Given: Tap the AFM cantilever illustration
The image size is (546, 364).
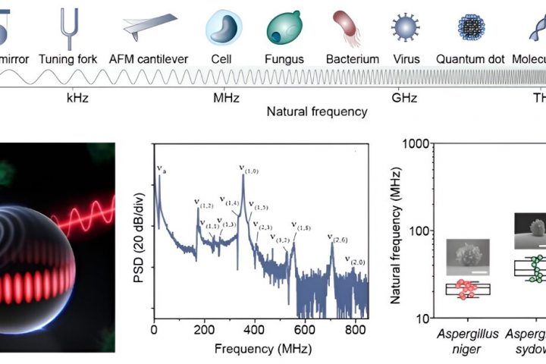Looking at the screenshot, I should pyautogui.click(x=152, y=28).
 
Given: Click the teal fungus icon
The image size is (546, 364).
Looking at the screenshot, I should pyautogui.click(x=284, y=27).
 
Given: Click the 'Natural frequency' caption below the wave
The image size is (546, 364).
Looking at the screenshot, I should pyautogui.click(x=316, y=111).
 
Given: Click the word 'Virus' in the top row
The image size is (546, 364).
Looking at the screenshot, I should pyautogui.click(x=406, y=58).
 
